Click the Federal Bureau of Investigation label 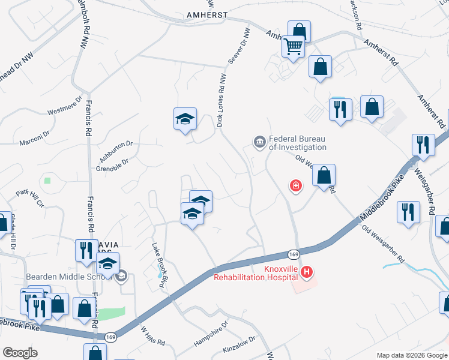(298, 142)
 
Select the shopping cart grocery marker (293, 46)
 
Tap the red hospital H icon (307, 273)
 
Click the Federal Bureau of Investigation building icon (259, 142)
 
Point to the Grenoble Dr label (113, 163)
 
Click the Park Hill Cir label (30, 197)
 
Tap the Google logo (20, 352)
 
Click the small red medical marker (295, 185)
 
